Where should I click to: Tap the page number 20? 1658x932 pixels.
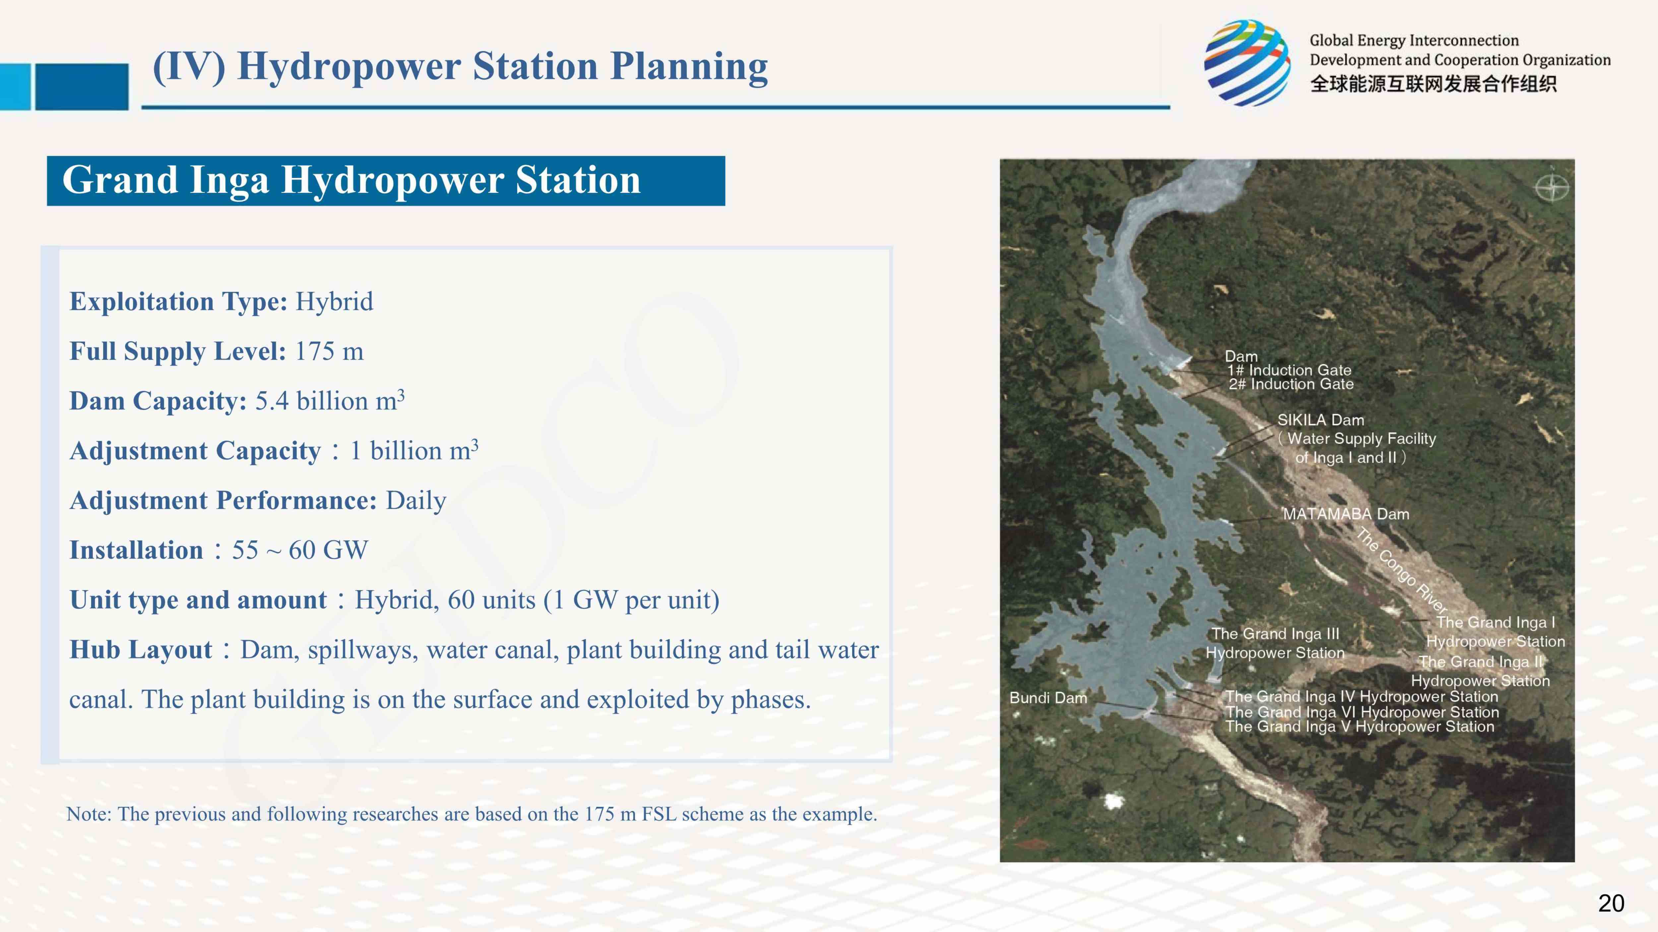pyautogui.click(x=1611, y=903)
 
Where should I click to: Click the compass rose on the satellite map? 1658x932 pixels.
pyautogui.click(x=1552, y=188)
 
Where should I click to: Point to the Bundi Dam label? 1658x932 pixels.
pyautogui.click(x=1048, y=698)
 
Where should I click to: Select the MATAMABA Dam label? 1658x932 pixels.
pyautogui.click(x=1346, y=514)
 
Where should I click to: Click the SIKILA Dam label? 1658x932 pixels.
pyautogui.click(x=1321, y=420)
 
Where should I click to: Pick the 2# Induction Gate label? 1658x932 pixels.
pyautogui.click(x=1291, y=384)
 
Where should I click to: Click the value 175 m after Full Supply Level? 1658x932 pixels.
pyautogui.click(x=329, y=351)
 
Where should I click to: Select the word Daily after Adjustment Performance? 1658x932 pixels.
pyautogui.click(x=416, y=500)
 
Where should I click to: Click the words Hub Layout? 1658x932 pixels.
pyautogui.click(x=141, y=650)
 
